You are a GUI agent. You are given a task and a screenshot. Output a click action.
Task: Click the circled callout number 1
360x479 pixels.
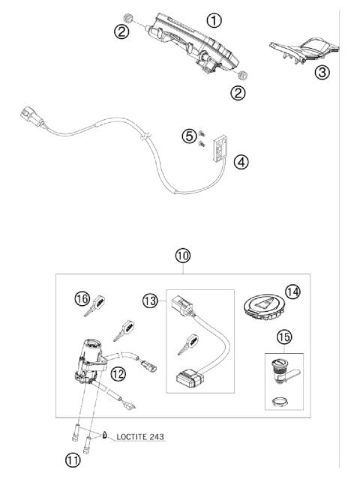click(x=215, y=20)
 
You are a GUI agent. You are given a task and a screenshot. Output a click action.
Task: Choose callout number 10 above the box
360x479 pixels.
click(x=183, y=256)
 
